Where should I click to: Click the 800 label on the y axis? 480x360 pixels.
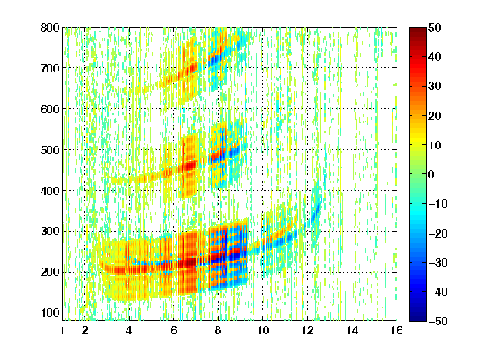click(50, 27)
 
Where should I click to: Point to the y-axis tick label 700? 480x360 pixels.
click(50, 68)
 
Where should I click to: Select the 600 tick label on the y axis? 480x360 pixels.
click(50, 109)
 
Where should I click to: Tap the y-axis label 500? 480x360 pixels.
click(50, 150)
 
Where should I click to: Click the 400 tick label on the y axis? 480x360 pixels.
click(50, 191)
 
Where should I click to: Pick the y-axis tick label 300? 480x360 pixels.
click(50, 231)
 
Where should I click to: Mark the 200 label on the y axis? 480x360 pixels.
click(50, 272)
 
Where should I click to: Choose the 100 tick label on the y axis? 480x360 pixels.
click(50, 312)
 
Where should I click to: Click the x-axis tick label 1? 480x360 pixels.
click(62, 330)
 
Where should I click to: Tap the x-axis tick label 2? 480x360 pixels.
click(85, 330)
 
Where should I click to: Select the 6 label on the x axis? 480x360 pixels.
click(174, 330)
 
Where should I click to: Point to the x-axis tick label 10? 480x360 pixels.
click(262, 330)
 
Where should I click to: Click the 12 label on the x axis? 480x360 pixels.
click(307, 330)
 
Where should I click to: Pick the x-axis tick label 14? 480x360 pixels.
click(352, 330)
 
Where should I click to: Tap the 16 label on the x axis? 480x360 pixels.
click(397, 330)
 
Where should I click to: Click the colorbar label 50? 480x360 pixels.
click(434, 27)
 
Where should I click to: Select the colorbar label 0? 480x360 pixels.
click(432, 174)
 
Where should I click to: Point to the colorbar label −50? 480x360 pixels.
click(438, 321)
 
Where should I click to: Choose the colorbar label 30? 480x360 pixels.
click(434, 87)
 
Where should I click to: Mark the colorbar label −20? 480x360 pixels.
click(438, 233)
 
